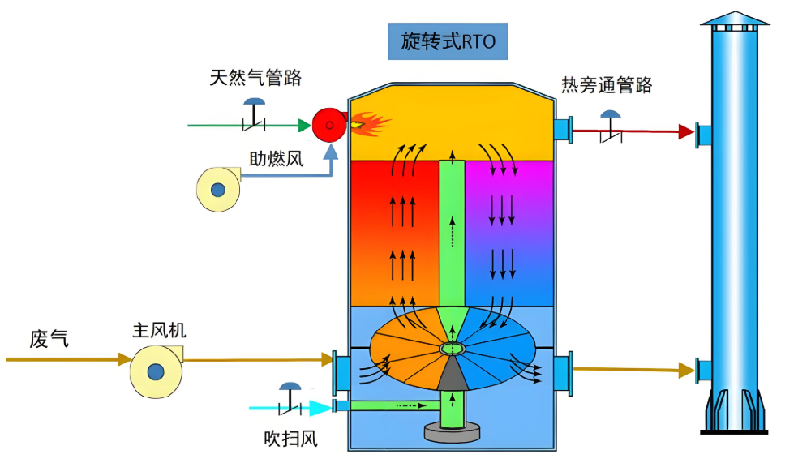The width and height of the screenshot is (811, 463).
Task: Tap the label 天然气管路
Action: tap(255, 78)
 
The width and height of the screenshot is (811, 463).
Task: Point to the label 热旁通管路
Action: tap(606, 85)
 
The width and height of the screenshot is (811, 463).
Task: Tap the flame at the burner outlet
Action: tap(369, 123)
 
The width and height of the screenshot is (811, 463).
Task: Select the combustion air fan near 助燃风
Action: tap(217, 188)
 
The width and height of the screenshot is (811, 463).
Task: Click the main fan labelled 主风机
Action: tap(155, 371)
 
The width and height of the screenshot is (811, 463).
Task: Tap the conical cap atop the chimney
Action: tap(735, 19)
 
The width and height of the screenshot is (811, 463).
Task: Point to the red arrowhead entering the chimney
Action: tap(686, 131)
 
